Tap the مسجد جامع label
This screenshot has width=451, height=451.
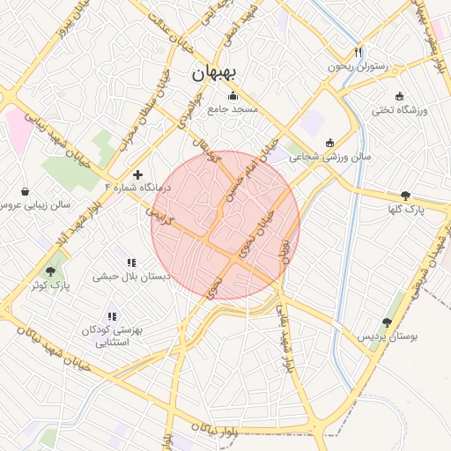tap(233, 110)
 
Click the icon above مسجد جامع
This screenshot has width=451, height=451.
tap(233, 96)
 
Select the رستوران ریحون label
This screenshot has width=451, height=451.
tap(358, 65)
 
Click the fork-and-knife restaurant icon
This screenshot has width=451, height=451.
tap(358, 51)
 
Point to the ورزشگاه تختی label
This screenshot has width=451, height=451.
tap(399, 110)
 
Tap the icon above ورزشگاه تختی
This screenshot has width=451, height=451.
tap(399, 96)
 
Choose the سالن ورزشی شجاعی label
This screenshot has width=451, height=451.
tap(330, 156)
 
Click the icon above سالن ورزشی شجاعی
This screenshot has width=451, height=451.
tap(329, 143)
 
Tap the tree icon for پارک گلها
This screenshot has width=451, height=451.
tap(405, 196)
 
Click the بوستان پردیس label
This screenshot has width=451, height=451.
tap(387, 336)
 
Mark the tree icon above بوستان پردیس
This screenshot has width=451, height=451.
tap(387, 322)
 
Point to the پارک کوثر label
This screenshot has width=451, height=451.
tap(49, 285)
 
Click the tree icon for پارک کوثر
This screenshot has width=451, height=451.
tap(49, 271)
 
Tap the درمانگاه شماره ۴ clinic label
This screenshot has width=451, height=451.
tap(137, 189)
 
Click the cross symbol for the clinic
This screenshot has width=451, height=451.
tap(137, 175)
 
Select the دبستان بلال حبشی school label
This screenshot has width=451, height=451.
tap(131, 276)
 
